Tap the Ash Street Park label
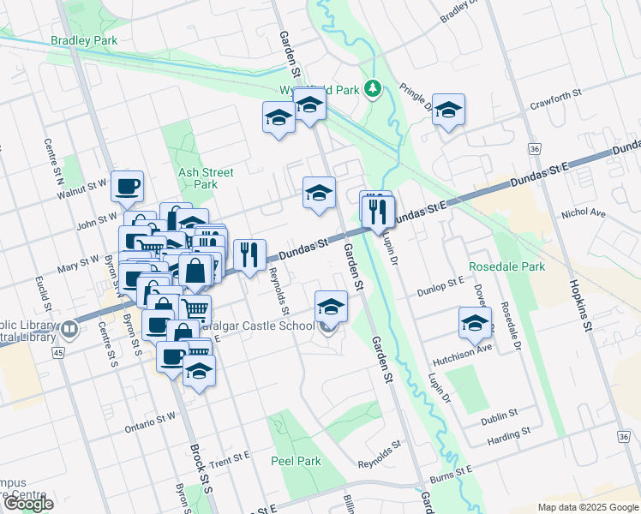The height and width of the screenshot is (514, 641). (x=199, y=178)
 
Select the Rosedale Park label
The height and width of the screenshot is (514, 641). (x=507, y=267)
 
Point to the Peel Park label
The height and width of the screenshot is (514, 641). (x=296, y=461)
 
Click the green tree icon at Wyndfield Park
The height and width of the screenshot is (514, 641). (x=373, y=88)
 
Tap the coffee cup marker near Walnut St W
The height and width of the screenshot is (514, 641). (x=127, y=186)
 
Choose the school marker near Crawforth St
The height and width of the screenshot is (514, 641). (x=448, y=110)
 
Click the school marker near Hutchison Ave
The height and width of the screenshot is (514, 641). (x=474, y=322)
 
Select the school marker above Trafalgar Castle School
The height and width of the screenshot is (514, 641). (x=331, y=306)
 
